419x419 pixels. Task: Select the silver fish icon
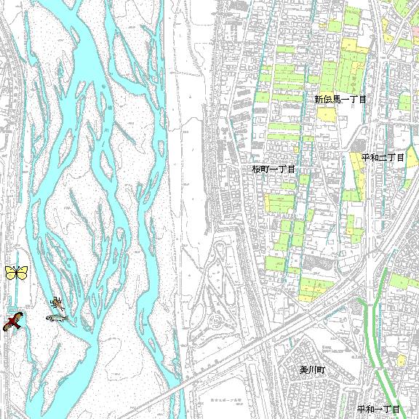56,317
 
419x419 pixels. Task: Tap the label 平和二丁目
383,157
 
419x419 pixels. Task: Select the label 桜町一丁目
274,169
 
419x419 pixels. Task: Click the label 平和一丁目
379,410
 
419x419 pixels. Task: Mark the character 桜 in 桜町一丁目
256,169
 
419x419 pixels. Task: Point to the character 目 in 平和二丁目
400,157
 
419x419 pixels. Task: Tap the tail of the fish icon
48,318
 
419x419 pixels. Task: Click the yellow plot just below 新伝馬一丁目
326,114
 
